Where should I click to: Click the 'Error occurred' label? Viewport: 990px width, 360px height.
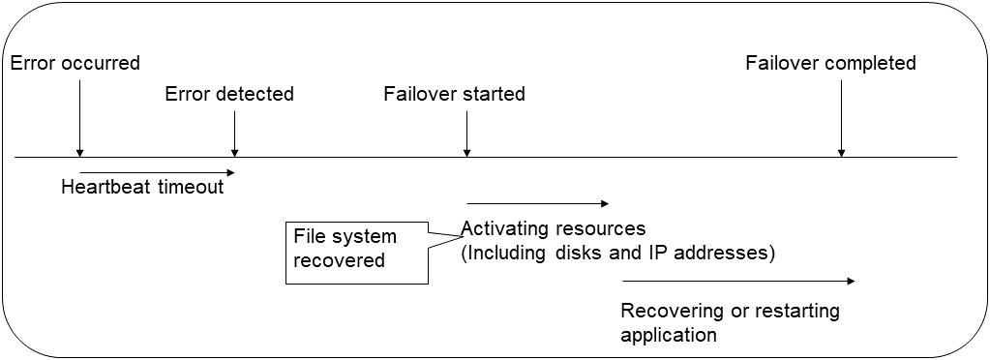pyautogui.click(x=75, y=64)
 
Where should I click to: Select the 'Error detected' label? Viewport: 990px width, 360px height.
pyautogui.click(x=229, y=94)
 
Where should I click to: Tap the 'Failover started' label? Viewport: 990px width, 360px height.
pyautogui.click(x=454, y=94)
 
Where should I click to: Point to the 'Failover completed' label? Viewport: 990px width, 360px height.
pyautogui.click(x=830, y=64)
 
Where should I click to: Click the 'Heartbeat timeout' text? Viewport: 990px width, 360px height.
pyautogui.click(x=142, y=187)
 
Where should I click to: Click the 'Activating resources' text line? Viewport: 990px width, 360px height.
pyautogui.click(x=553, y=229)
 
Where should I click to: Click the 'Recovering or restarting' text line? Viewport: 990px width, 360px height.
pyautogui.click(x=730, y=312)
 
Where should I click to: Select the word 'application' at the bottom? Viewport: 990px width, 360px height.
pyautogui.click(x=669, y=335)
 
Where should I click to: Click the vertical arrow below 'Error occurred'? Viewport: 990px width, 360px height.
pyautogui.click(x=79, y=117)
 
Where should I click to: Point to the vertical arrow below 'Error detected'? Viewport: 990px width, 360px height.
pyautogui.click(x=234, y=133)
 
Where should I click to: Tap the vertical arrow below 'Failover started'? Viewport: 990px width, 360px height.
pyautogui.click(x=466, y=133)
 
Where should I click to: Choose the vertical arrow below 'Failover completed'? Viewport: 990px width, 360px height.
pyautogui.click(x=841, y=117)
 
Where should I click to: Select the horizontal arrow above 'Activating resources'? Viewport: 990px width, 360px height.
pyautogui.click(x=537, y=203)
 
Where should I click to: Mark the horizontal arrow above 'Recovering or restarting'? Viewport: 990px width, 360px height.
pyautogui.click(x=738, y=282)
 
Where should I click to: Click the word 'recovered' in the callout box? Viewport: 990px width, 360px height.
pyautogui.click(x=338, y=260)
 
